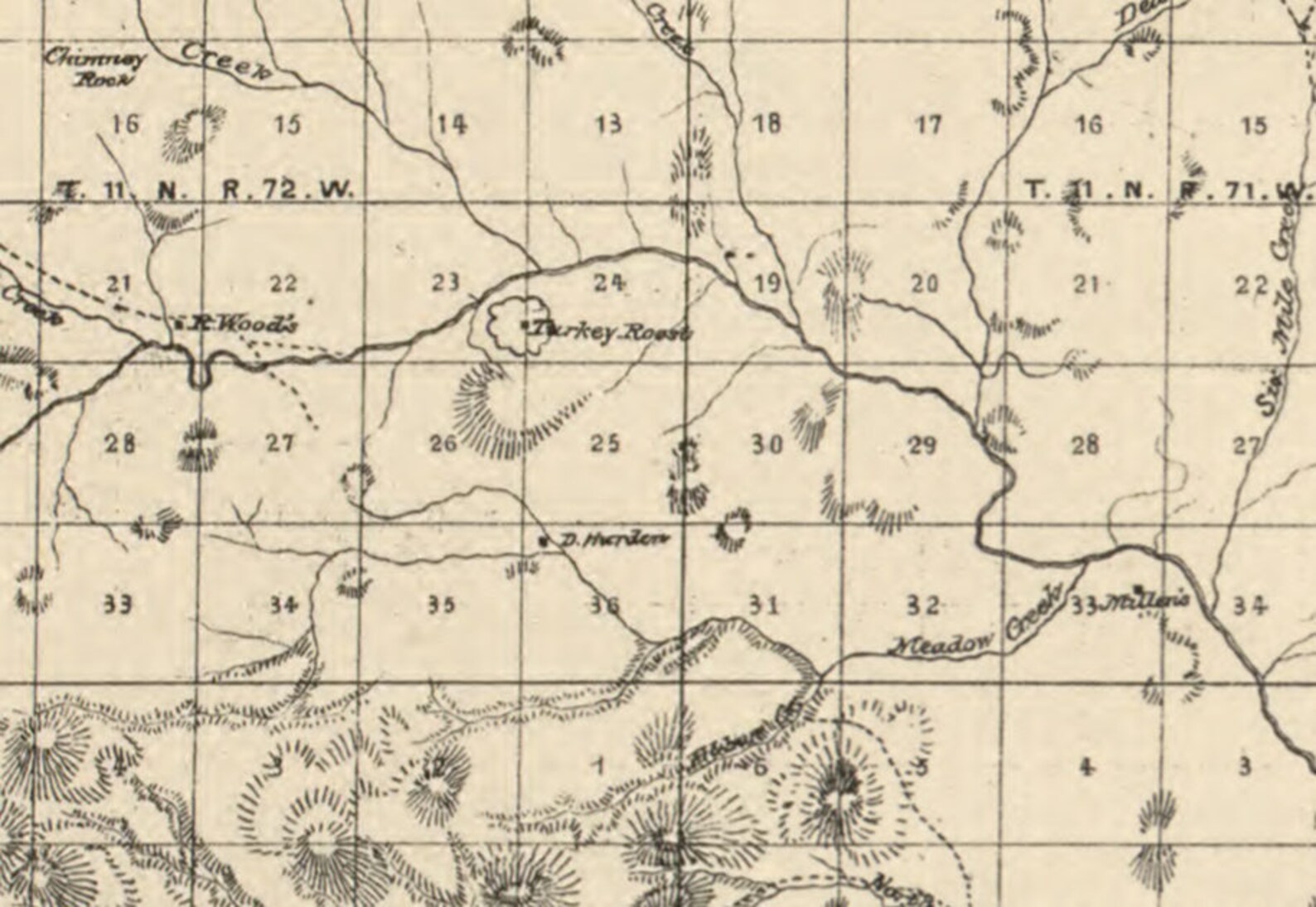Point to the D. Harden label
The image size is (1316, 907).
pyautogui.click(x=614, y=541)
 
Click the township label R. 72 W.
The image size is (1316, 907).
pyautogui.click(x=290, y=190)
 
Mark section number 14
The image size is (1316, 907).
pyautogui.click(x=452, y=125)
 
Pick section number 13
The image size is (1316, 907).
pyautogui.click(x=609, y=125)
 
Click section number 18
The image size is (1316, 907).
pyautogui.click(x=766, y=124)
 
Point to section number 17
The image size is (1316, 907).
pyautogui.click(x=928, y=125)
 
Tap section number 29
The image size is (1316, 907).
pyautogui.click(x=922, y=446)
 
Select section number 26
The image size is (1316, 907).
pyautogui.click(x=443, y=443)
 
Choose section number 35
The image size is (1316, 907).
pyautogui.click(x=441, y=604)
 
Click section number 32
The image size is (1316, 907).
pyautogui.click(x=922, y=605)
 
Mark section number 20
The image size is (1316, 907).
pyautogui.click(x=925, y=284)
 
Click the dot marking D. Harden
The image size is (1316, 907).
pyautogui.click(x=544, y=541)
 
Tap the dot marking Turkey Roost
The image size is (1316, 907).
pyautogui.click(x=525, y=322)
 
